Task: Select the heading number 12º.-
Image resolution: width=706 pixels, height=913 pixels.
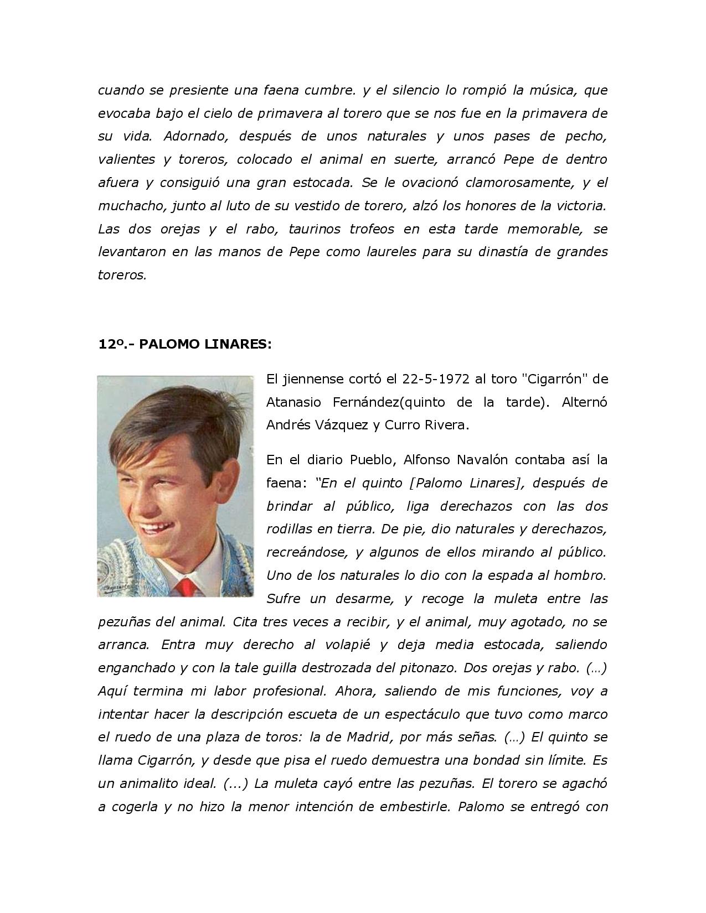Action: (115, 344)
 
